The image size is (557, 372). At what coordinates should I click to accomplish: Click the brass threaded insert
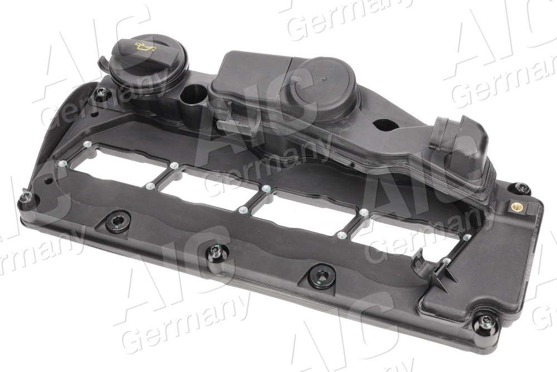pyautogui.click(x=516, y=206)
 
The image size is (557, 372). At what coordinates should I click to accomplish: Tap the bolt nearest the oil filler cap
pyautogui.click(x=101, y=94)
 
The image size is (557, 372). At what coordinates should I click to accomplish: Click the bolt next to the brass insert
pyautogui.click(x=521, y=189)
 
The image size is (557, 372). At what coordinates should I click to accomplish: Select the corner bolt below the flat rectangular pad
pyautogui.click(x=484, y=325)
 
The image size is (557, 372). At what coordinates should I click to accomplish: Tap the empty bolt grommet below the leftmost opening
pyautogui.click(x=116, y=223)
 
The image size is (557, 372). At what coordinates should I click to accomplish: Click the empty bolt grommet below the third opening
pyautogui.click(x=322, y=276)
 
